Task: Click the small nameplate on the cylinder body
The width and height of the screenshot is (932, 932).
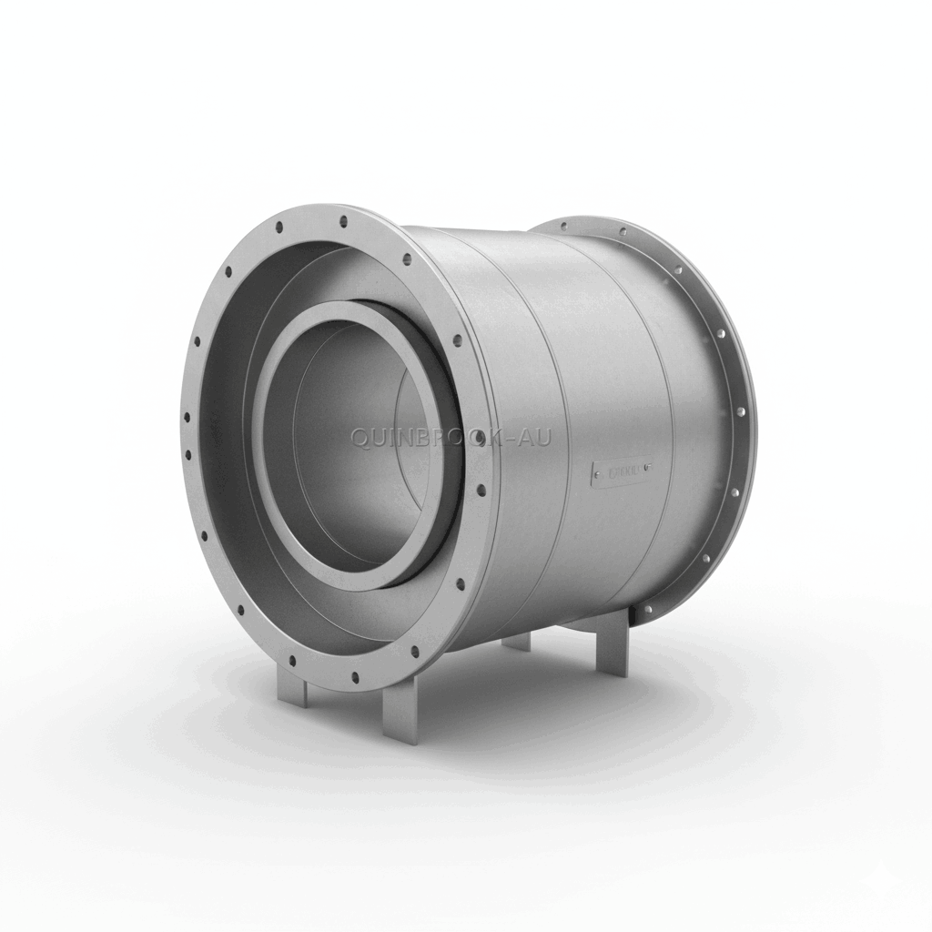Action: [622, 471]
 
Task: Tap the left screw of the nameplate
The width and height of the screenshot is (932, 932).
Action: [596, 473]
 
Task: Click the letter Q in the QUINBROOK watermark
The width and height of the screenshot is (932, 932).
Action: [360, 439]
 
